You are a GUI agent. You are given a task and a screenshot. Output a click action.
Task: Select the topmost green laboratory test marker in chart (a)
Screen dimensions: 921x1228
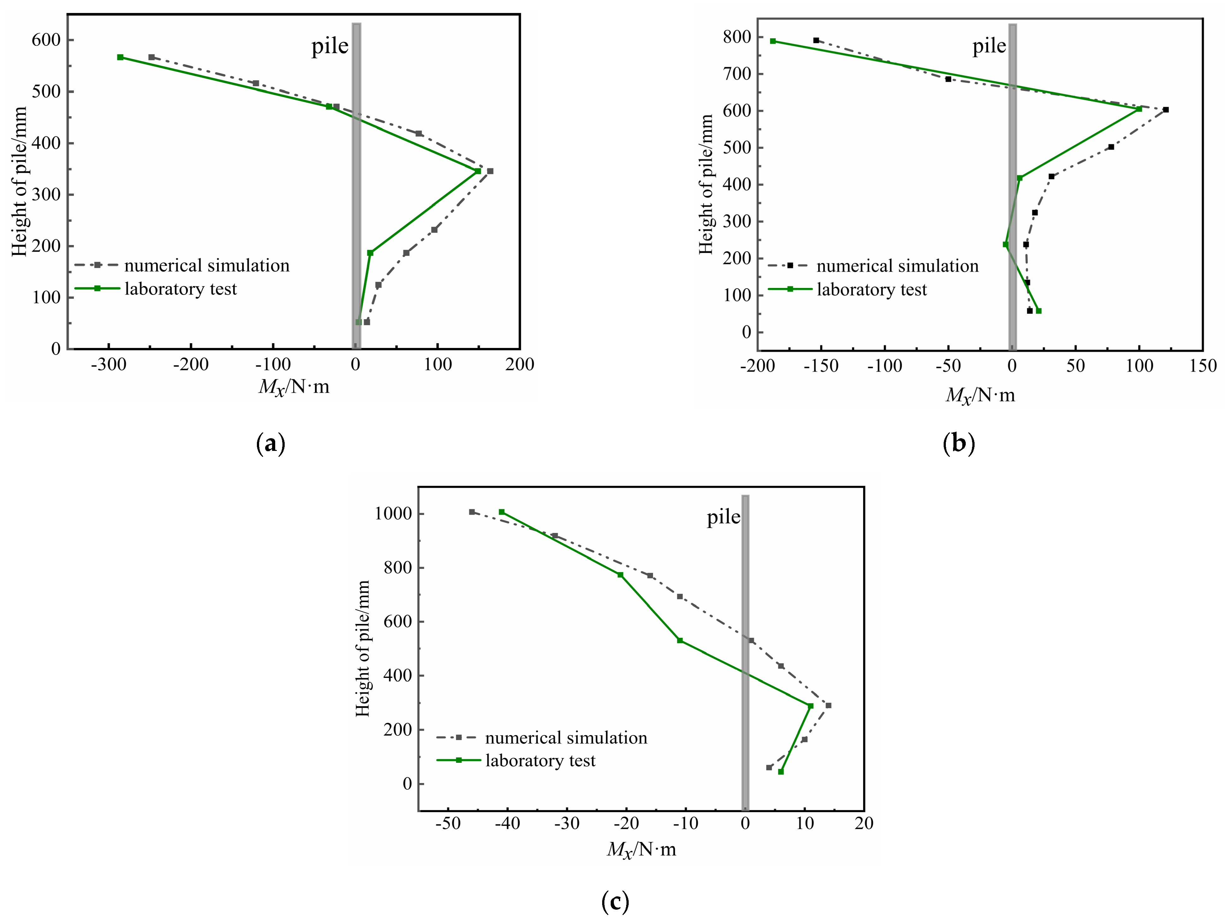click(121, 57)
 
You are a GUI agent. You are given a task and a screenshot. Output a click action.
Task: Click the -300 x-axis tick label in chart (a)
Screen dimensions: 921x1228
click(109, 365)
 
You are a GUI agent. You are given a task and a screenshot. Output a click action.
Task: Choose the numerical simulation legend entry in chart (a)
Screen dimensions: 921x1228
click(206, 266)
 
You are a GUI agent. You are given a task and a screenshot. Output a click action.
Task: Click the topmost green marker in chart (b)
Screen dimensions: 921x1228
click(773, 41)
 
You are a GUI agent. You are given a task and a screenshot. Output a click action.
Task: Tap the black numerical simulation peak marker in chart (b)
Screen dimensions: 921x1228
click(1166, 110)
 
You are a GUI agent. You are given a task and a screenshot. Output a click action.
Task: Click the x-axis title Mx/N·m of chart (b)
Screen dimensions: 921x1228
click(980, 395)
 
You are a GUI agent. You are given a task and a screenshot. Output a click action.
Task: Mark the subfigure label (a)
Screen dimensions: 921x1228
click(271, 444)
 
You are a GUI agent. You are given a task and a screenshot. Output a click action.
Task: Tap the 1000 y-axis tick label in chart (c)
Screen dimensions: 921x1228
click(393, 514)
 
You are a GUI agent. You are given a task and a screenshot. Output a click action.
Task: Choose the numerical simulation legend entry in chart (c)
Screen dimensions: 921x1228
click(566, 738)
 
